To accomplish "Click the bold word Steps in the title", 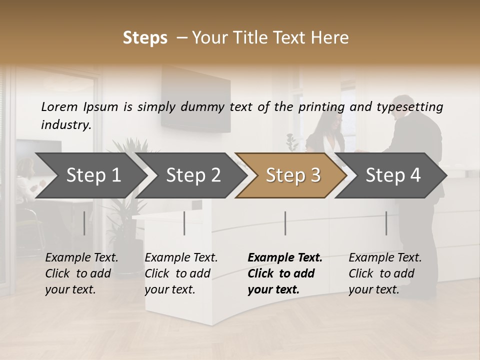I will [145, 38].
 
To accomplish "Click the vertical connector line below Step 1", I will [84, 223].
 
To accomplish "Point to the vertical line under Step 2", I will [184, 223].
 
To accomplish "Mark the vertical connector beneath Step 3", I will [285, 223].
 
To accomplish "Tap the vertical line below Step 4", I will [386, 223].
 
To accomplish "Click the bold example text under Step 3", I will [284, 273].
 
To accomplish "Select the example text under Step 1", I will [81, 273].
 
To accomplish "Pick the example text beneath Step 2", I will [181, 273].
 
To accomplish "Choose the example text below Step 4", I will [385, 273].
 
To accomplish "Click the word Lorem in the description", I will [59, 106].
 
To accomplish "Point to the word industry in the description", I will [66, 124].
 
